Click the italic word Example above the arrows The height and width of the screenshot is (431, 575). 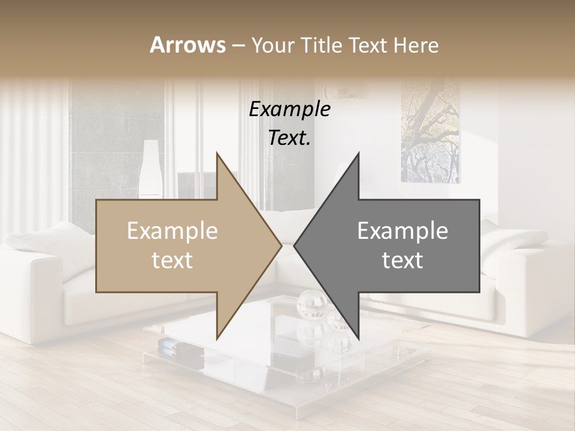pos(290,110)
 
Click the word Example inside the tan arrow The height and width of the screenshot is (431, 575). pos(172,231)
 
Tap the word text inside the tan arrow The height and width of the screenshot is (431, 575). pos(172,260)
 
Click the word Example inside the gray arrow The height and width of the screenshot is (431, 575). pos(402,231)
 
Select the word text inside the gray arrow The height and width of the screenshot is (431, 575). pos(402,260)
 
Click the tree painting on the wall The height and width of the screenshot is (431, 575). pos(430,132)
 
